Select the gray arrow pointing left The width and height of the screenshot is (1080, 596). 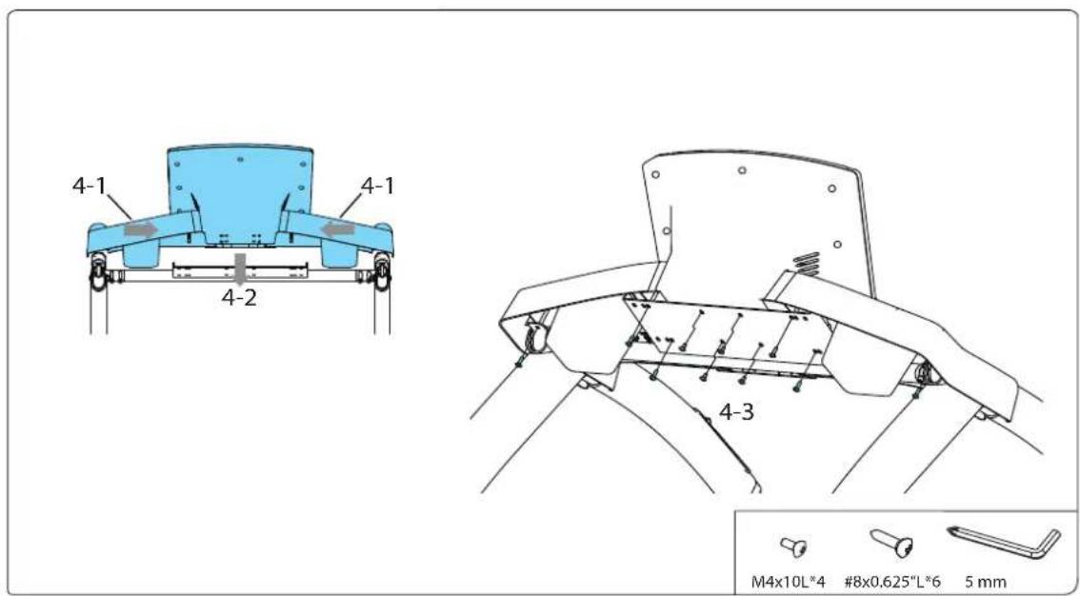pos(330,228)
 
